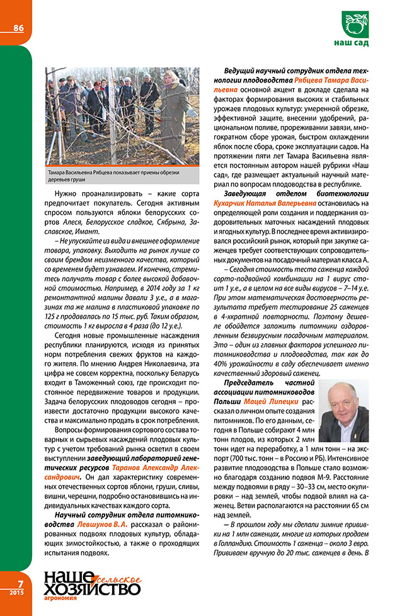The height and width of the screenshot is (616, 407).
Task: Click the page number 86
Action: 16,27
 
